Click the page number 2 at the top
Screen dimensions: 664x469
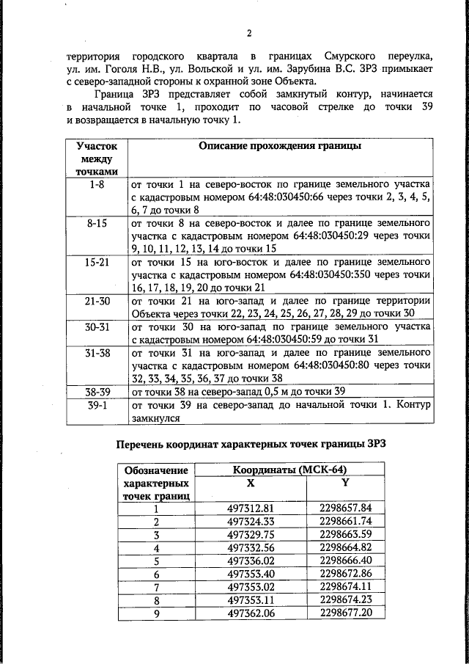249,33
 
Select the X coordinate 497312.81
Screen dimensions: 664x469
251,508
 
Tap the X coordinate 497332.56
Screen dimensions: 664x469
251,547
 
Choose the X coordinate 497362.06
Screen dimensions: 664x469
251,613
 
